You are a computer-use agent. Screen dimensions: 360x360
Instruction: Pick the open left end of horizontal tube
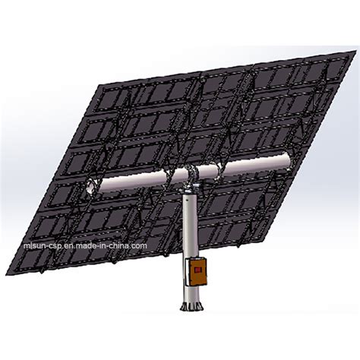tap(89, 186)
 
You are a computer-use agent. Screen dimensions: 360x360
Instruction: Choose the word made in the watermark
tap(81, 245)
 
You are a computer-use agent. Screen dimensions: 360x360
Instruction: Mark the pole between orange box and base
tap(189, 292)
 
